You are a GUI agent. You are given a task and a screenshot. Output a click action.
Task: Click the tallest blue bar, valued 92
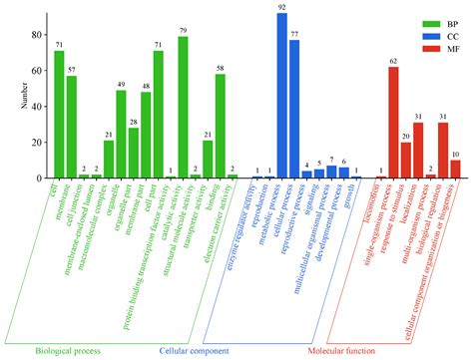tap(282, 96)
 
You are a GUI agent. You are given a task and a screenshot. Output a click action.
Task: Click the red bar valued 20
tap(406, 160)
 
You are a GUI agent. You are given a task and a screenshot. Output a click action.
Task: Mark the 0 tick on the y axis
tap(39, 179)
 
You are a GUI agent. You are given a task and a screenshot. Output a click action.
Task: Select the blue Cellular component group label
tap(194, 352)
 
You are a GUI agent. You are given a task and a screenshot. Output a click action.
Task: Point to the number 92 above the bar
tap(282, 7)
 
